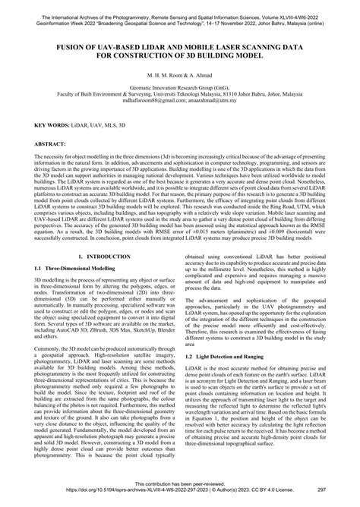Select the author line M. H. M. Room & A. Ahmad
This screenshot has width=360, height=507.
click(180, 77)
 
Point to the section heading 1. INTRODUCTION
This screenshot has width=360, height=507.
click(101, 279)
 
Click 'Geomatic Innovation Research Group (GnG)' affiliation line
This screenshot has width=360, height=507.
click(180, 87)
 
